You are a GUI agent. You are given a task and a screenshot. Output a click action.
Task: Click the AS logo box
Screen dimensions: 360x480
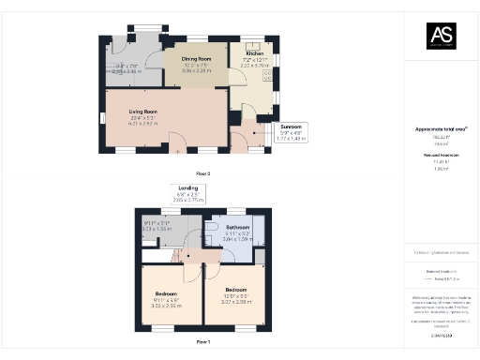click(x=442, y=36)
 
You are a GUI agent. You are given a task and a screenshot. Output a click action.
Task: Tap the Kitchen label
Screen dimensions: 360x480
click(x=255, y=53)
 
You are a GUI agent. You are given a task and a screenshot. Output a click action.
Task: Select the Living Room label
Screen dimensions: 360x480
click(x=142, y=112)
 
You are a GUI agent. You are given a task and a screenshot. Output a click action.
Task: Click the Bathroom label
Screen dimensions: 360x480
click(x=236, y=227)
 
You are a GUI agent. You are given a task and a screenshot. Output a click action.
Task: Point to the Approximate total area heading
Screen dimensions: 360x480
click(x=441, y=128)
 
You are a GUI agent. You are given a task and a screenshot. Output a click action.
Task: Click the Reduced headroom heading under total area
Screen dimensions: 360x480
click(x=441, y=155)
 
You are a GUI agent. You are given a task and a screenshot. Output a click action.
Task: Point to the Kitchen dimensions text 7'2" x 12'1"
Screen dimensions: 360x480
click(x=255, y=60)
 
